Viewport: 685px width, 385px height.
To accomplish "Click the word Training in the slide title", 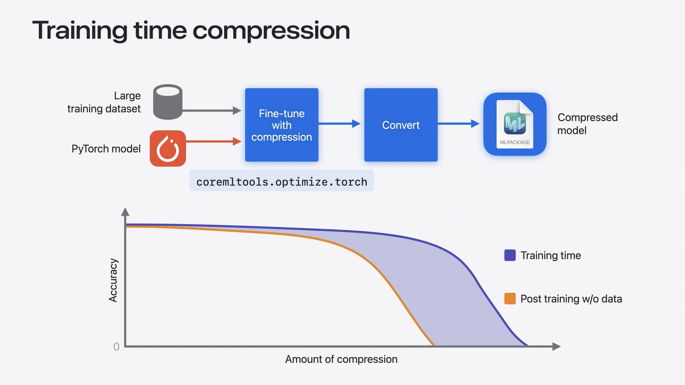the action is pos(80,30).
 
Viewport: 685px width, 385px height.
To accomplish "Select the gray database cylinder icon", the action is pos(167,102).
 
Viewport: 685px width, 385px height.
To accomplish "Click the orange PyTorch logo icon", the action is pos(168,149).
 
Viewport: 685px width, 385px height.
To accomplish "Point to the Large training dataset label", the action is pos(104,102).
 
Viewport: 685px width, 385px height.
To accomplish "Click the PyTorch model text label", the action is pos(106,149).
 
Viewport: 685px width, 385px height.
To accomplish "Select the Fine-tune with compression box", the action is pos(282,125).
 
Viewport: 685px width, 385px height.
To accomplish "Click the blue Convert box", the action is pos(401,125).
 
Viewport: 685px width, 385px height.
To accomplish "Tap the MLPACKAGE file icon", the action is pos(515,124).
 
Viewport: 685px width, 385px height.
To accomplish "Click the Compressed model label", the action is pos(587,124).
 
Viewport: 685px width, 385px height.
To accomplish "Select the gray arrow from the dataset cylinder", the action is pos(211,111).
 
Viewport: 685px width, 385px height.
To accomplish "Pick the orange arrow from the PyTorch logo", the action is pos(214,142).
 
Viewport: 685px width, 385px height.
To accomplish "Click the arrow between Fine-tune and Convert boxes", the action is pos(339,124).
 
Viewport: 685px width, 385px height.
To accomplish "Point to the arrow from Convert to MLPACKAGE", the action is pos(458,124).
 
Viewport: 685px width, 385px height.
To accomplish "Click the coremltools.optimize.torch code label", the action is pos(282,182).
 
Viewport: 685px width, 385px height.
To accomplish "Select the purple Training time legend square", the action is pos(510,255).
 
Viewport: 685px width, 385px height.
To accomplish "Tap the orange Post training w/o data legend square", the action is pos(510,299).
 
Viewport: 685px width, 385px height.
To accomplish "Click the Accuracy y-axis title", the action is pos(113,280).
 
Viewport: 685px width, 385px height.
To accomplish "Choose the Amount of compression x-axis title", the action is pos(341,360).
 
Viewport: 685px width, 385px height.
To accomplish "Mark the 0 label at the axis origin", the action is pos(117,347).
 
